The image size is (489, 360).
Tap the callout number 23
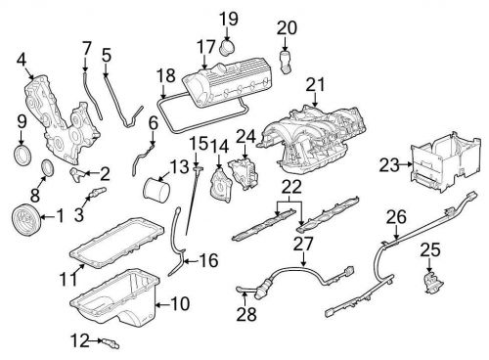pos(388,165)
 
